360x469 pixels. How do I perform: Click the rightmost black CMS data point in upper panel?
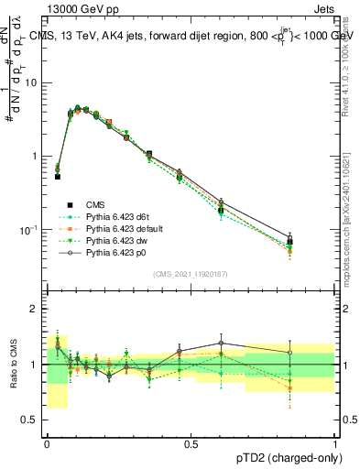pos(315,242)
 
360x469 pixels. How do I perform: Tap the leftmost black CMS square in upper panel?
pos(57,176)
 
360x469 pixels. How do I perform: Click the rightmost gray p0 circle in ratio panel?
pos(315,353)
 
